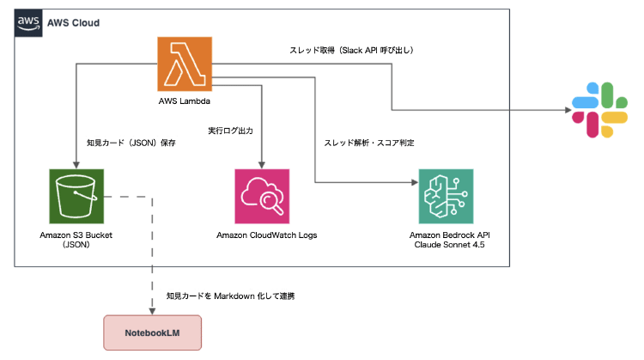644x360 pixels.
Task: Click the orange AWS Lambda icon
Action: point(185,64)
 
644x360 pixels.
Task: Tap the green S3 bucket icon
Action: point(76,196)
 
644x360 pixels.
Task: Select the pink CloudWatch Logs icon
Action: point(262,196)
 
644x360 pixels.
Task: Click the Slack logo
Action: point(598,109)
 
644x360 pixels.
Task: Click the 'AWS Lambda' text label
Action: point(185,101)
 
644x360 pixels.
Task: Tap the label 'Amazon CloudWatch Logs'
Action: point(262,235)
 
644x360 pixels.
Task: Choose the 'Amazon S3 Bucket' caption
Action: point(76,235)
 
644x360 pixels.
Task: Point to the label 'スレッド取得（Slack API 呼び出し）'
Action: point(351,51)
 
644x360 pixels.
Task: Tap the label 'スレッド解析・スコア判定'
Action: point(370,143)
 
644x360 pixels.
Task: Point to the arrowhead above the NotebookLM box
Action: point(154,311)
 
